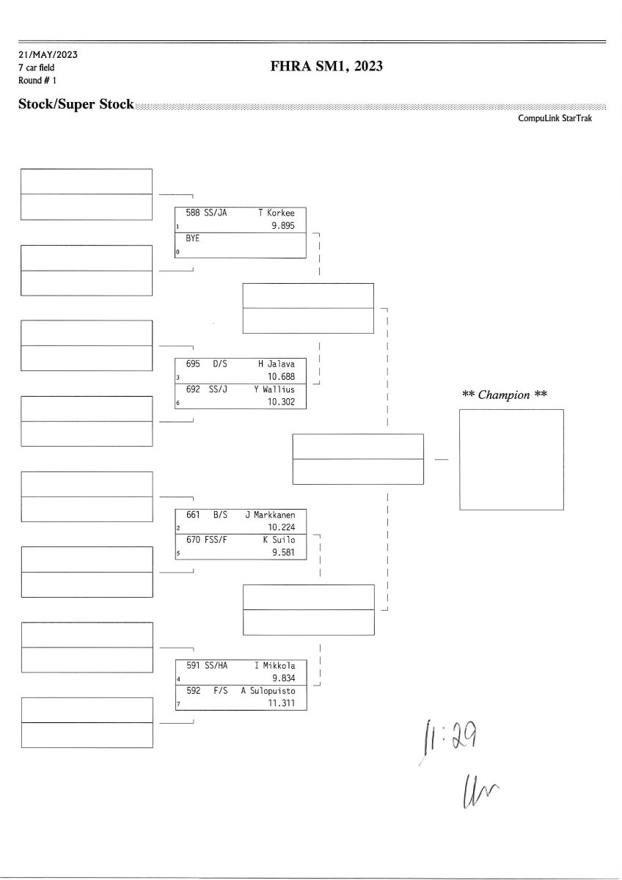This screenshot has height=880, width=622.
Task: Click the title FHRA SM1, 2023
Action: coord(327,67)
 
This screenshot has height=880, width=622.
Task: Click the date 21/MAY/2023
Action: coord(48,55)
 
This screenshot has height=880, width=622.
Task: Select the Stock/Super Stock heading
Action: coord(76,105)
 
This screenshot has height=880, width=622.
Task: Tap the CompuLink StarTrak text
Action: coord(555,118)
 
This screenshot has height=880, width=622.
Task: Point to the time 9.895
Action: coord(282,226)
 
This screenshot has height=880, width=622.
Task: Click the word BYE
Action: coord(193,239)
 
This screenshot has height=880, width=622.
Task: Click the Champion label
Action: coord(505,395)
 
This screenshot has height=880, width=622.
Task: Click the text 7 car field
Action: coord(37,67)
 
